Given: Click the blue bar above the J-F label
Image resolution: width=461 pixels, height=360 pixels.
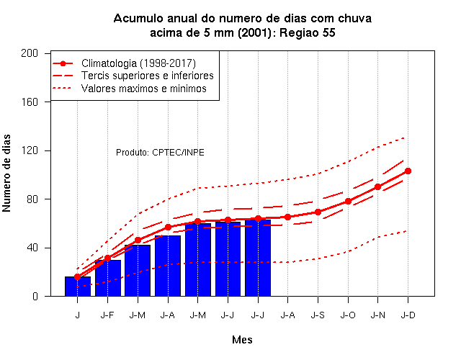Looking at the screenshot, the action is tap(108, 278).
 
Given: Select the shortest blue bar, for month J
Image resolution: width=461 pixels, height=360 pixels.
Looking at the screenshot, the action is tap(78, 287).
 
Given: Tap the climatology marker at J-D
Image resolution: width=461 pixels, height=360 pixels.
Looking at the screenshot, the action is tap(408, 171).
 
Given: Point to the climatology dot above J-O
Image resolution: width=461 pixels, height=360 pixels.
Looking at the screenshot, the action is tap(348, 202).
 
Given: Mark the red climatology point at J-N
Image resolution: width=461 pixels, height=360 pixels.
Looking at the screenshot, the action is tap(377, 187).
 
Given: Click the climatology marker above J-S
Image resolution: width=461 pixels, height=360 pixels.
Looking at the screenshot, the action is tap(318, 212).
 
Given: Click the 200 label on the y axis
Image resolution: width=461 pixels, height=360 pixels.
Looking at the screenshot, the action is tap(30, 53).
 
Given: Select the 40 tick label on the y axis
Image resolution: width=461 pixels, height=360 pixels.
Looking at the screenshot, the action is tap(32, 248).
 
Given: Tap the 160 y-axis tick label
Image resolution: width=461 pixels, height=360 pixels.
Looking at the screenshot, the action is tap(30, 102).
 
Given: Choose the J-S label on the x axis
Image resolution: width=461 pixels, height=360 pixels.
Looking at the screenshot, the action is tap(318, 315).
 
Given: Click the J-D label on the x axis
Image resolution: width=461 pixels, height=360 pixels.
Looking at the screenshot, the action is tap(408, 315).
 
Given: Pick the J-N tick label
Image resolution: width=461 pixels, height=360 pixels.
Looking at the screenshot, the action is tap(377, 315).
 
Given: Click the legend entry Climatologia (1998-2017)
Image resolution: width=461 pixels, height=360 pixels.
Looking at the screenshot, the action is tap(138, 63).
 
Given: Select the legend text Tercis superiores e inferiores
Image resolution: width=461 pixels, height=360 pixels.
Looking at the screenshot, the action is tap(147, 76).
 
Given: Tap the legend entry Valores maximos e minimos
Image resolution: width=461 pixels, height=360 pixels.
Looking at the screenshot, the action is tap(144, 88).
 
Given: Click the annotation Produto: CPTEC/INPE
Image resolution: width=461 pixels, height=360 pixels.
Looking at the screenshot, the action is tap(160, 153).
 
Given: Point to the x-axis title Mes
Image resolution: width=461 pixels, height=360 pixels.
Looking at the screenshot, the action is tap(242, 340).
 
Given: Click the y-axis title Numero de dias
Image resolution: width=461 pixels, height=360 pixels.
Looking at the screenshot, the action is tap(6, 173).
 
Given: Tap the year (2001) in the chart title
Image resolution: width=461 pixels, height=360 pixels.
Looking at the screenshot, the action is tap(254, 32).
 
